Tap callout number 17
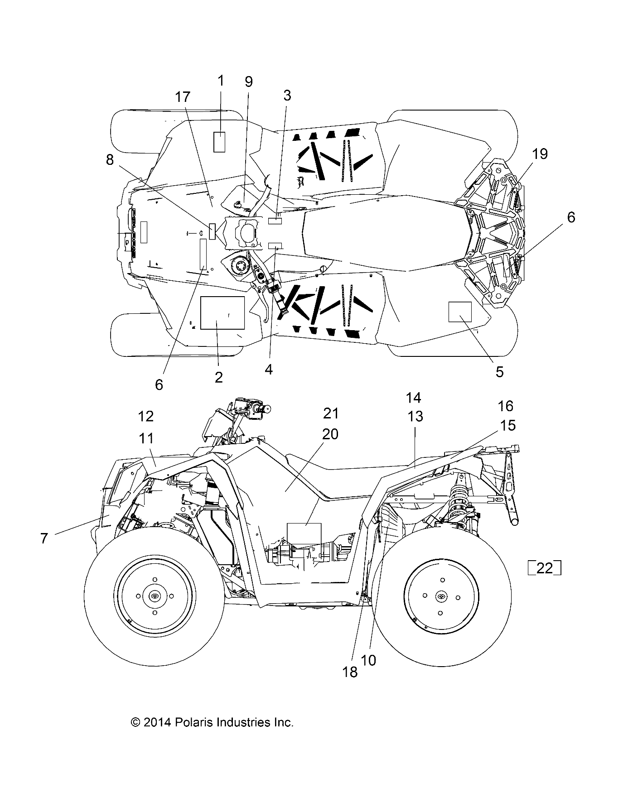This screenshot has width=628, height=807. [184, 97]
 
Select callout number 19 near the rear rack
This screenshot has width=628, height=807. [540, 154]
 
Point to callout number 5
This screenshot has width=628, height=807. [499, 372]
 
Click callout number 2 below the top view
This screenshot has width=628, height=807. [219, 377]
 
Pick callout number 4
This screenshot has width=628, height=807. [269, 370]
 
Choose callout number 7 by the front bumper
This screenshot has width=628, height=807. [44, 538]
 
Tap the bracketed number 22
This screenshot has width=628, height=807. [545, 568]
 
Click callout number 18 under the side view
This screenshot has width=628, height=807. [350, 672]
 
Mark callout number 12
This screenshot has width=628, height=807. [146, 416]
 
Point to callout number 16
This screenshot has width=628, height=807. [506, 406]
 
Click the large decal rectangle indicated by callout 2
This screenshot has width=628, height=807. [222, 312]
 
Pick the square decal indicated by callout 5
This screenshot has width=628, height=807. [460, 312]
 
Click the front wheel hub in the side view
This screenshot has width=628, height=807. [155, 596]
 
